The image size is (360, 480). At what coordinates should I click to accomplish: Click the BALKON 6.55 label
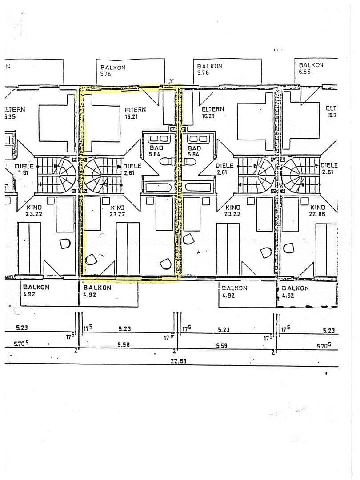tap(311, 68)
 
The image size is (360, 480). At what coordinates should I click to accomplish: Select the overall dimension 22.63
tap(178, 361)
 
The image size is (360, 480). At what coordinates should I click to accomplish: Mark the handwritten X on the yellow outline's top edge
tap(171, 81)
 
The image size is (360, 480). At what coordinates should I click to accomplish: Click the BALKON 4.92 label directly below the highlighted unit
tap(97, 291)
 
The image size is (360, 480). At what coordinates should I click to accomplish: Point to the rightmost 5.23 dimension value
tap(328, 331)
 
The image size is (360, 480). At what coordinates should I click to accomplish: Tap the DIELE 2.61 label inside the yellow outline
tap(132, 169)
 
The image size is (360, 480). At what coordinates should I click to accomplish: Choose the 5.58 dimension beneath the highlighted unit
tap(124, 344)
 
